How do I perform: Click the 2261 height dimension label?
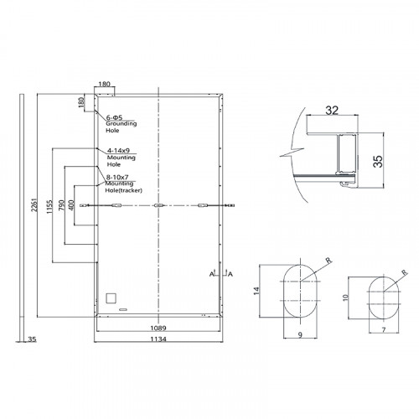[34, 205]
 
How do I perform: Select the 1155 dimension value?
[49, 206]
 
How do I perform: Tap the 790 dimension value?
[61, 205]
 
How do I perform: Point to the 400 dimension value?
[71, 205]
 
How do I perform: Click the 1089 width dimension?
[158, 328]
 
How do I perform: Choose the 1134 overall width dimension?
[158, 339]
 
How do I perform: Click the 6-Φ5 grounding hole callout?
[114, 117]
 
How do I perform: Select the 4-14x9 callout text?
[118, 150]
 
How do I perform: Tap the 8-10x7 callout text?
[117, 177]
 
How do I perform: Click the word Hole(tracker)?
[123, 190]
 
